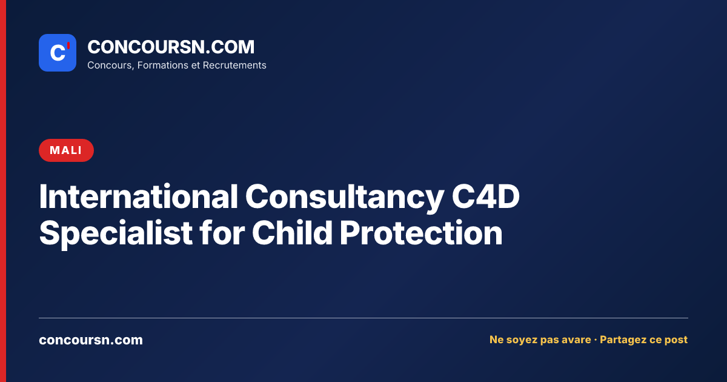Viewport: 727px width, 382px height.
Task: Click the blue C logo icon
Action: pos(58,53)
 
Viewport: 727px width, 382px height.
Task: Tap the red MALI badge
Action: pos(66,150)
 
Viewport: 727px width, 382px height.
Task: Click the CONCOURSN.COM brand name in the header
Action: pos(171,47)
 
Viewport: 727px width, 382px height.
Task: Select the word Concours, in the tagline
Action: pos(111,65)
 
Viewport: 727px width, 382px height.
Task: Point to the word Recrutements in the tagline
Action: pos(234,65)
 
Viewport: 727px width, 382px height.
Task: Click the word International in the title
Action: pos(139,196)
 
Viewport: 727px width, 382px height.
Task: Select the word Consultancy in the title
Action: pos(345,198)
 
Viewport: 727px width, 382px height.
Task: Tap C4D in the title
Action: pos(485,196)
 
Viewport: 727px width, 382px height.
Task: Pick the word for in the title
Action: pos(222,232)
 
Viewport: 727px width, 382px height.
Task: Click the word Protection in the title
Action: pos(421,233)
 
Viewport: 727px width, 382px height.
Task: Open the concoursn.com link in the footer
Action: pos(91,340)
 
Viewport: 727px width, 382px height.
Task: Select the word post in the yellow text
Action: pos(676,340)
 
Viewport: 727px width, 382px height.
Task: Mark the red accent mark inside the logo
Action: pos(68,45)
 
